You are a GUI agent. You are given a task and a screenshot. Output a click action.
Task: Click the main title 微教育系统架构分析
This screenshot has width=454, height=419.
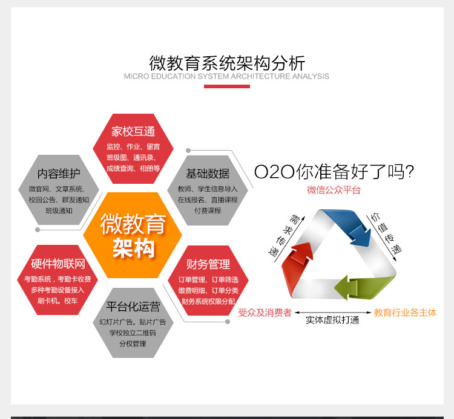click(227, 63)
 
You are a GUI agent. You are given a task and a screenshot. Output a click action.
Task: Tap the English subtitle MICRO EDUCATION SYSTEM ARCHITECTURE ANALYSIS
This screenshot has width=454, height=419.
click(226, 76)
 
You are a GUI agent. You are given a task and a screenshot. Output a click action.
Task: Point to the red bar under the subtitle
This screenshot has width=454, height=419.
click(227, 86)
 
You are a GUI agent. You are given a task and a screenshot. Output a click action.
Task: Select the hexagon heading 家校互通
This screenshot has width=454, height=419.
click(133, 131)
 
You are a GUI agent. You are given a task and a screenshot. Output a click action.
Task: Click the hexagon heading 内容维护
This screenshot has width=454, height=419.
click(59, 174)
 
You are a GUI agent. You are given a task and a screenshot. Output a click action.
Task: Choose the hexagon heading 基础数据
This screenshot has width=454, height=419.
click(208, 174)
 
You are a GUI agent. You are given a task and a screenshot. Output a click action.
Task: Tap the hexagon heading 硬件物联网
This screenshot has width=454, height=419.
click(58, 264)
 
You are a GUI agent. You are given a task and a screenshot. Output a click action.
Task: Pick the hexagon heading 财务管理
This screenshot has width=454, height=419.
click(208, 264)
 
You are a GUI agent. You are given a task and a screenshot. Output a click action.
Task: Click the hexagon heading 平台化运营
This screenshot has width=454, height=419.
click(133, 307)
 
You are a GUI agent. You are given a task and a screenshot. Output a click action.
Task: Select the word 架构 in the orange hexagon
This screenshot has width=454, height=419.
click(134, 248)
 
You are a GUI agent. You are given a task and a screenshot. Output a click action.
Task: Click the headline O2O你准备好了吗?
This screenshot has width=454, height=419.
click(334, 172)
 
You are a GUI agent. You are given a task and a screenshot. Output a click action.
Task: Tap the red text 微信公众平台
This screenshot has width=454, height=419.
click(334, 190)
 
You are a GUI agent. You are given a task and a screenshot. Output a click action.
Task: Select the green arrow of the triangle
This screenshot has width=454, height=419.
click(366, 286)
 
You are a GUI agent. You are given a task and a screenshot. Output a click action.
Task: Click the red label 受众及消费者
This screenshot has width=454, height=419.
click(265, 313)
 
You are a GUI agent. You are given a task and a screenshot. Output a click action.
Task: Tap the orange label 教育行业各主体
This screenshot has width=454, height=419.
click(405, 313)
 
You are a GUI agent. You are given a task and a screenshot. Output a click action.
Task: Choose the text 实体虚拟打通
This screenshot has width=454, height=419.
click(332, 320)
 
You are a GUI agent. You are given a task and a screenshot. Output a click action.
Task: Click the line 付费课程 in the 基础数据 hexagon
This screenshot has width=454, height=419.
click(208, 211)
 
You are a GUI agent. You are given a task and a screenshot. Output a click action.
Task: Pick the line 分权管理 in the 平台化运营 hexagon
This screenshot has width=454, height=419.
click(133, 344)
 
